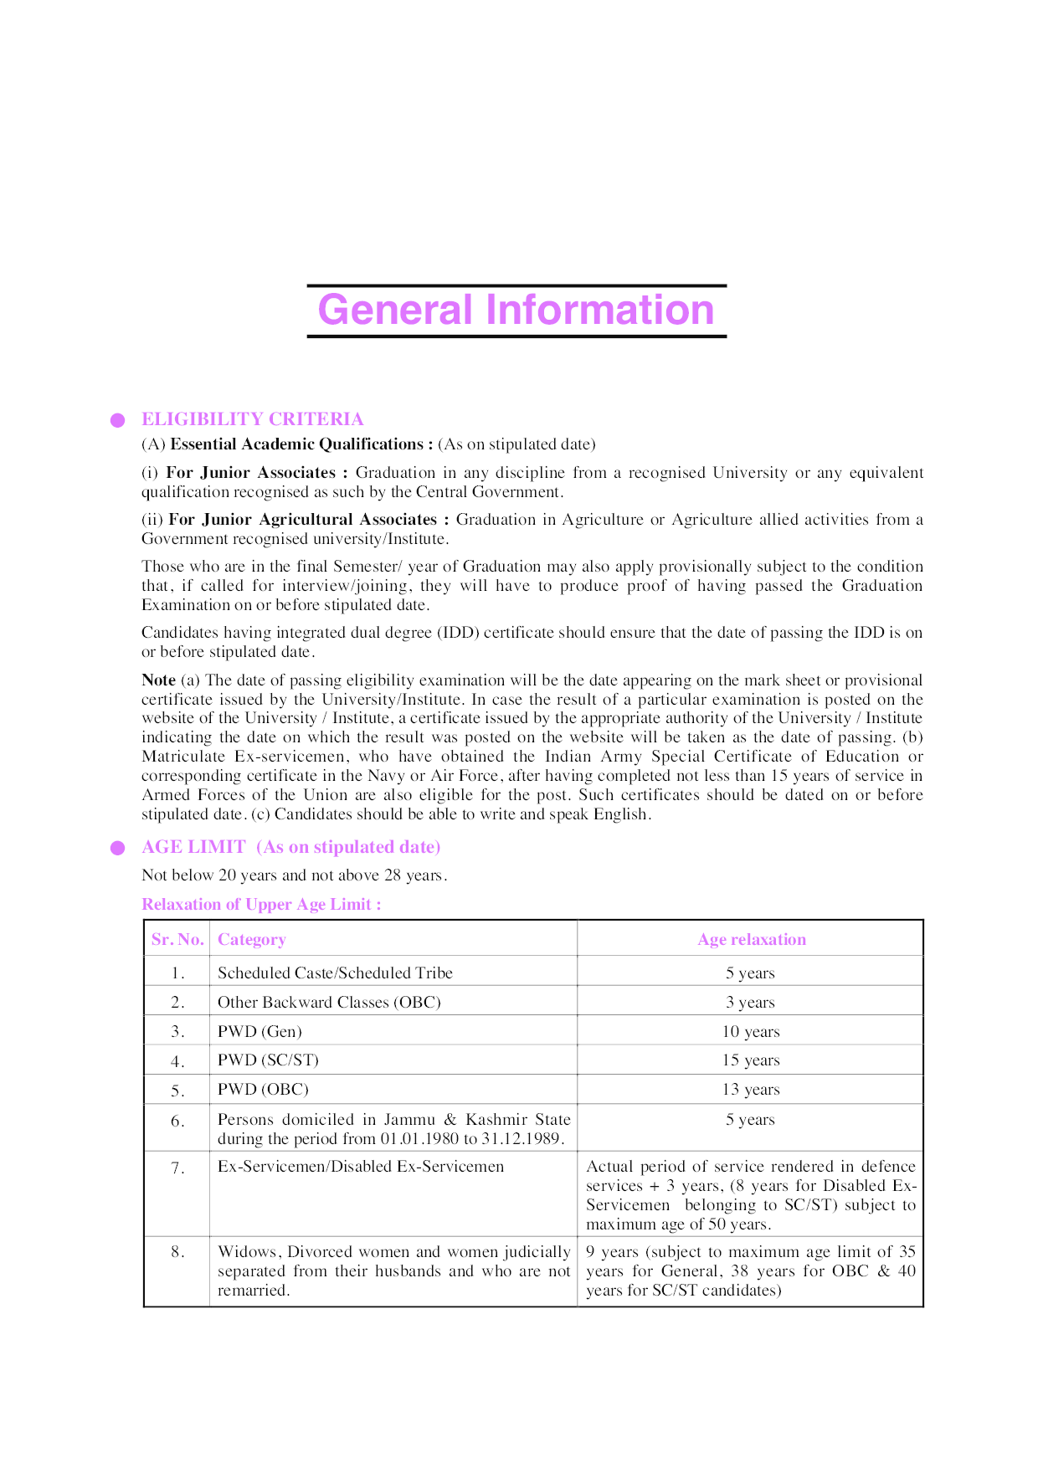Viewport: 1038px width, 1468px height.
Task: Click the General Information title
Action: click(x=516, y=311)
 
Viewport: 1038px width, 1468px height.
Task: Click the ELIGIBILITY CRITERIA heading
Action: click(x=252, y=419)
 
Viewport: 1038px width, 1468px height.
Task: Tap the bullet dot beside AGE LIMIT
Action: click(x=118, y=848)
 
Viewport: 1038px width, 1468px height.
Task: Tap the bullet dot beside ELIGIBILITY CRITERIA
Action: click(x=118, y=420)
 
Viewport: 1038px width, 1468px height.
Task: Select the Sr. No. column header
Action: click(x=177, y=939)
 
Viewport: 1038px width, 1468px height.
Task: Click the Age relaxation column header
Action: click(x=751, y=939)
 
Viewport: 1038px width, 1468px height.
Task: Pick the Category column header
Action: click(x=251, y=939)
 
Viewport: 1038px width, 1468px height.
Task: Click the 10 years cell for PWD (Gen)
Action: click(x=750, y=1031)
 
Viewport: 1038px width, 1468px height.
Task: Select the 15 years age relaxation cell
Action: click(x=750, y=1060)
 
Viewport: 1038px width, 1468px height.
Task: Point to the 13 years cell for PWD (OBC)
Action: click(x=750, y=1089)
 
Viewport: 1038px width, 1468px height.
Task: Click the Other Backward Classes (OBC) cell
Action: click(x=329, y=1002)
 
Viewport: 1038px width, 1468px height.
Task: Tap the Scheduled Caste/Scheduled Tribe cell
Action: click(x=335, y=973)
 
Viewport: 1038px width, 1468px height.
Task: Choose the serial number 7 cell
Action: click(x=177, y=1168)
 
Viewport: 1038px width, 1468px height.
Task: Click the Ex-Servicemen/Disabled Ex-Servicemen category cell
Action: click(x=361, y=1166)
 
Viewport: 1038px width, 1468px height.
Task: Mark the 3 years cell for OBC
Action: click(x=750, y=1002)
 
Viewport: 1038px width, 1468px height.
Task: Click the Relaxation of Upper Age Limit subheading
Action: click(x=261, y=904)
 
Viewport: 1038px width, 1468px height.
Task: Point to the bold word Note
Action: click(x=158, y=680)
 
